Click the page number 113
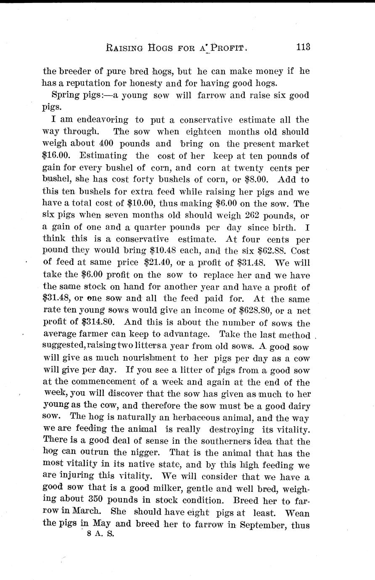point(302,47)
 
